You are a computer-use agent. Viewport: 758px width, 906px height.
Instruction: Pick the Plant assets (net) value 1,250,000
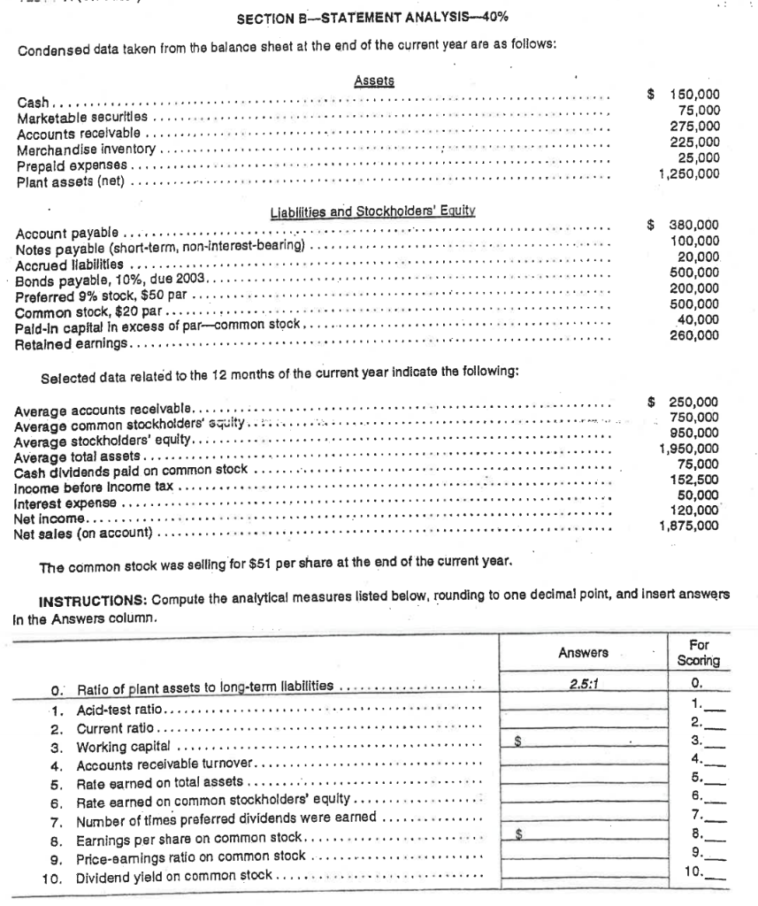(689, 173)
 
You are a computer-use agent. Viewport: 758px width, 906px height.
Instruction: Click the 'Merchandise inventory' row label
(87, 150)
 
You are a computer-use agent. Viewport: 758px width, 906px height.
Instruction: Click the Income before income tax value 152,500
(698, 480)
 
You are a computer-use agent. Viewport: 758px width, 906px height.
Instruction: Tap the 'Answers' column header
(583, 653)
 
